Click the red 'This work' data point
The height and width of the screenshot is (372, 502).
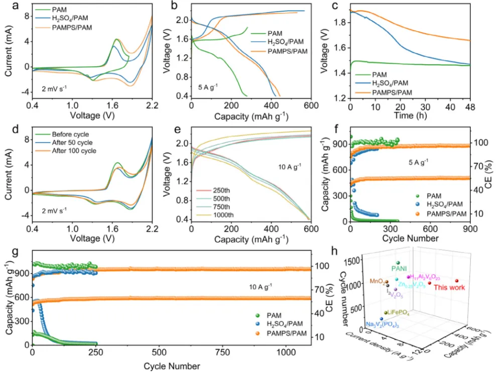pyautogui.click(x=457, y=281)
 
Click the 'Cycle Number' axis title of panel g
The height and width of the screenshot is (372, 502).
pyautogui.click(x=167, y=365)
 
